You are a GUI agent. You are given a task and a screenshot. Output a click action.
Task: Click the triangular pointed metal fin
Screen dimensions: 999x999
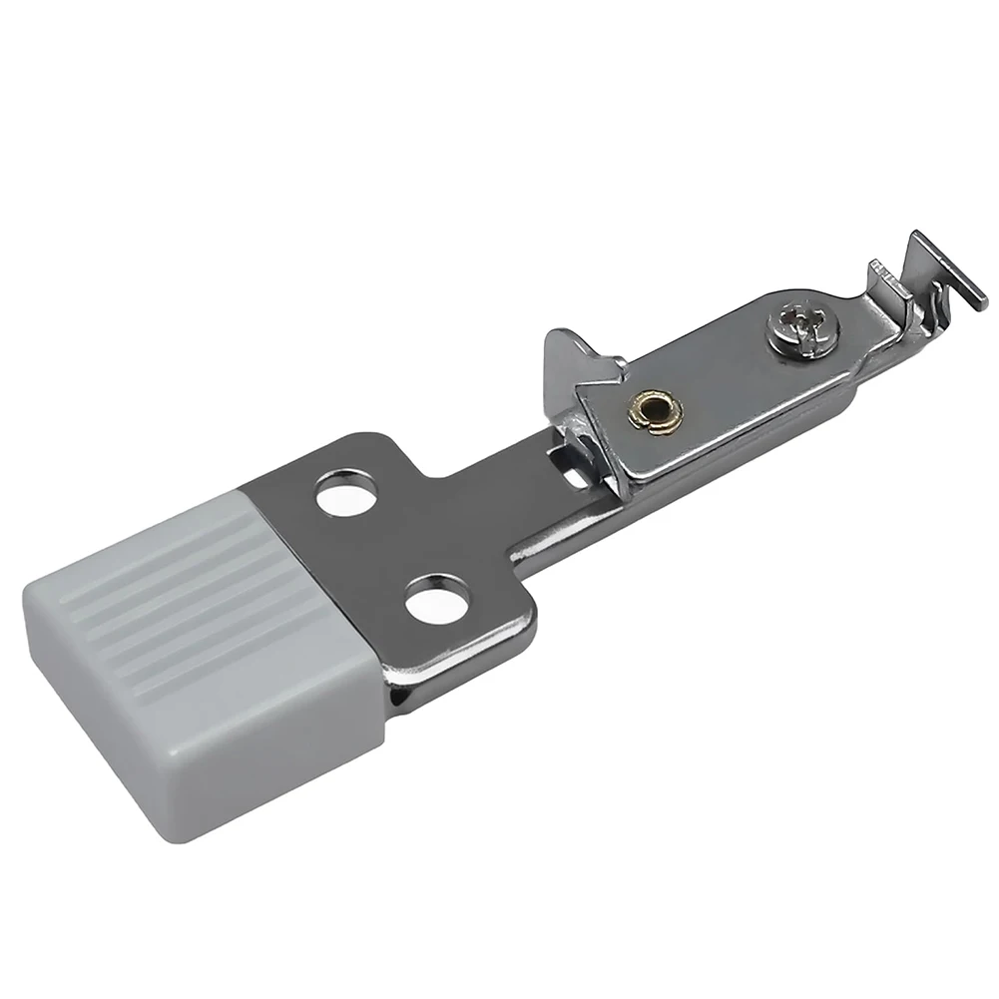point(570,358)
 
